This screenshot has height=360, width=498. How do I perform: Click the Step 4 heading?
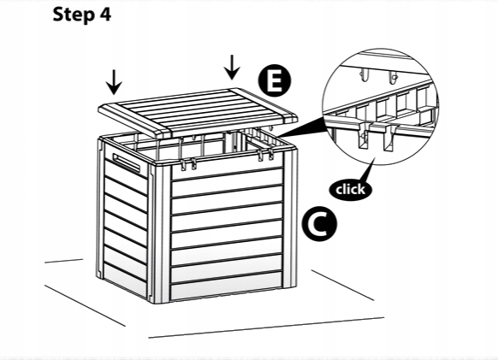(82, 15)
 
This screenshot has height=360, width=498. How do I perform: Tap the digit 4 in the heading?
(105, 15)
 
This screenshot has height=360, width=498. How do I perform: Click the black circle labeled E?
(275, 80)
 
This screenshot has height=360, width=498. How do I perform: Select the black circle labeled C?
(319, 224)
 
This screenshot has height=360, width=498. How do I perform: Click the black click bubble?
(350, 190)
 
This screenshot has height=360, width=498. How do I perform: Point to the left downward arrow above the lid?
(114, 82)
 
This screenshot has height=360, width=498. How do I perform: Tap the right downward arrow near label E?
(232, 68)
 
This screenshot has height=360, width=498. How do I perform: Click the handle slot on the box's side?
(126, 162)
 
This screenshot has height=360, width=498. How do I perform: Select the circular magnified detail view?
(380, 106)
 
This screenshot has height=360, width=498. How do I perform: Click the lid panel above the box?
(198, 112)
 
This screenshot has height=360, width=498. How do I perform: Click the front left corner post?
(159, 233)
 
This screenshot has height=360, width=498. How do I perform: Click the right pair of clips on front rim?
(266, 156)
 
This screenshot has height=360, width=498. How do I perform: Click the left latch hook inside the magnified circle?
(363, 136)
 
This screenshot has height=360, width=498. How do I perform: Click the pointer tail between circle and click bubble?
(365, 171)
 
